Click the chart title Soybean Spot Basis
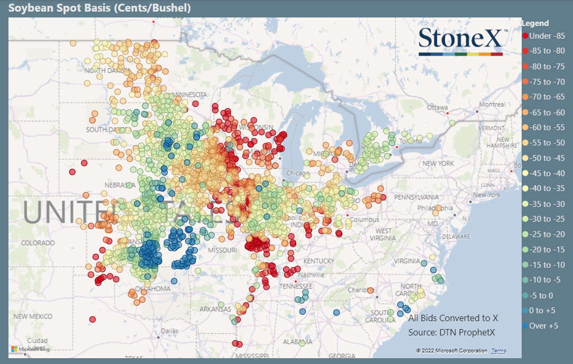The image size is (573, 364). [99, 8]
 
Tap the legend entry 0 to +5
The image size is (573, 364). [542, 311]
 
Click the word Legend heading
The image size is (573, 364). [535, 23]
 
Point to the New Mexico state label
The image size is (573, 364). [33, 316]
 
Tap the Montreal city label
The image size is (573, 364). [493, 105]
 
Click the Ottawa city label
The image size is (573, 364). [438, 107]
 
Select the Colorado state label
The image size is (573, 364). [38, 243]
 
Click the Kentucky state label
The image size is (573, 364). [319, 261]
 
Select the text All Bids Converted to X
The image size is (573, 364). [453, 318]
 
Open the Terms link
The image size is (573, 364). [498, 351]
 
